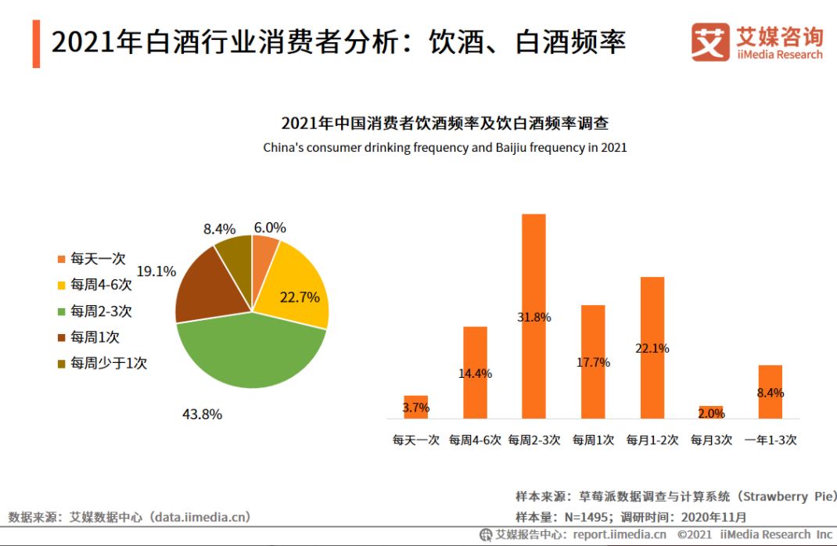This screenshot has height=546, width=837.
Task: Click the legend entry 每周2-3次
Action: (101, 311)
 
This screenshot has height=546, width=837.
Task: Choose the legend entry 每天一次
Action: (98, 259)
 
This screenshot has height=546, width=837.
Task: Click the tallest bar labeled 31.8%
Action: (533, 316)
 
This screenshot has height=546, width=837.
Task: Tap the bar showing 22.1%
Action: (652, 347)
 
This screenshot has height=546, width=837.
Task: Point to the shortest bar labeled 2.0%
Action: (712, 412)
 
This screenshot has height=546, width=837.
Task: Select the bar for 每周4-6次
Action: (475, 372)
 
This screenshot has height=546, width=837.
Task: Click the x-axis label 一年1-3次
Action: (771, 440)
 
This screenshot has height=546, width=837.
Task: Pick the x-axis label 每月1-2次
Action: (652, 440)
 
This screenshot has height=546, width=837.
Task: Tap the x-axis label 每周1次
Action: (593, 440)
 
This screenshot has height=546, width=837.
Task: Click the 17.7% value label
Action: (593, 362)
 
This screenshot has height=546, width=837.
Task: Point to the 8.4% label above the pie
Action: (219, 229)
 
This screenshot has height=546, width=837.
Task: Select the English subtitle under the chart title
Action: (444, 147)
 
